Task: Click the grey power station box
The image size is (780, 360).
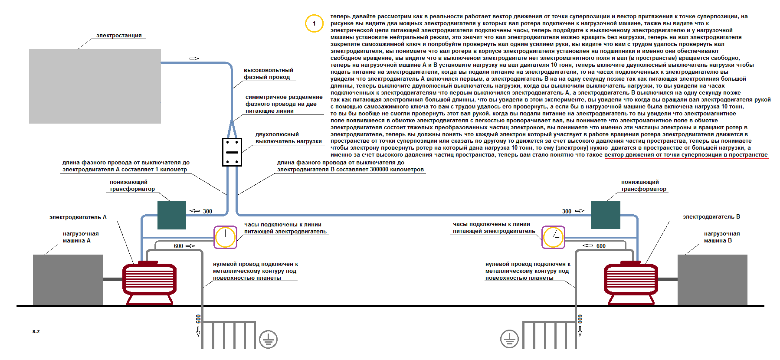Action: (x=95, y=86)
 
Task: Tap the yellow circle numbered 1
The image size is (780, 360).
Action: (x=314, y=23)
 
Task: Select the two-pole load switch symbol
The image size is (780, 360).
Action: (x=232, y=152)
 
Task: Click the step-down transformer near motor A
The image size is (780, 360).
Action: (x=172, y=215)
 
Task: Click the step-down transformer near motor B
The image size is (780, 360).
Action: (x=606, y=215)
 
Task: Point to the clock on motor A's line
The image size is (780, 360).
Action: (x=226, y=237)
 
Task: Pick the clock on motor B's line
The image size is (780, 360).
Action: (x=554, y=237)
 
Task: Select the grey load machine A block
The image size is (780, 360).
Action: (x=68, y=280)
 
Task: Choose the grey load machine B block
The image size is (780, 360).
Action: (x=712, y=280)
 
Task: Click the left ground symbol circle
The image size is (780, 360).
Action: (x=268, y=339)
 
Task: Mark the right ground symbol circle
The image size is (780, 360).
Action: (x=509, y=339)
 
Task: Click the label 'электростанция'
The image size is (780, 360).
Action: (x=119, y=36)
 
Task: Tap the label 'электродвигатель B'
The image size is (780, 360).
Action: (x=711, y=217)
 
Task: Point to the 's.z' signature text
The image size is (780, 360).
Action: (x=36, y=331)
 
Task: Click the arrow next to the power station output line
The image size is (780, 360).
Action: (x=194, y=59)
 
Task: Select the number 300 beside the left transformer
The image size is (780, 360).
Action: (x=207, y=211)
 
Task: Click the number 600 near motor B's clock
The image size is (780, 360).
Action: (x=601, y=246)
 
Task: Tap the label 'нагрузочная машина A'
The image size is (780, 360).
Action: (x=81, y=237)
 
